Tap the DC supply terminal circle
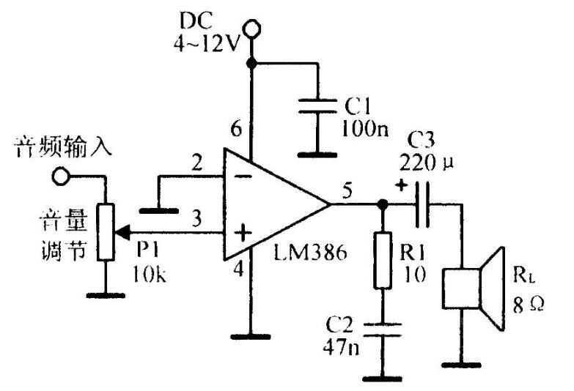252,30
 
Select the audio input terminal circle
60,176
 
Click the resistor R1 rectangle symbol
381,261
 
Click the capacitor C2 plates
381,329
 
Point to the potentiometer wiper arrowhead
121,234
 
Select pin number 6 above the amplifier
236,130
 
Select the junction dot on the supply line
252,64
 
